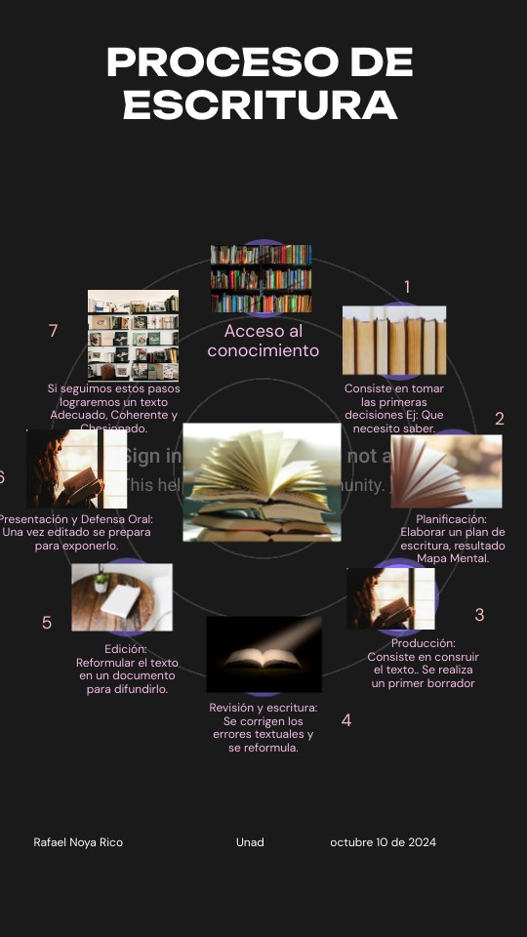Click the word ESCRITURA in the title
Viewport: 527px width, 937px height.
pos(260,104)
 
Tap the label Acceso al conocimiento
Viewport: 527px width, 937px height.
pos(263,342)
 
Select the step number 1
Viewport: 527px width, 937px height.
pos(407,287)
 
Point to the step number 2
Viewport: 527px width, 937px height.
pos(500,419)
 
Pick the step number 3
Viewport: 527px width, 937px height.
pos(479,615)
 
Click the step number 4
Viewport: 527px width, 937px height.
pos(346,720)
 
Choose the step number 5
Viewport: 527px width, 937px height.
pos(47,623)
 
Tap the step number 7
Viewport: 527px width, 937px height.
pos(54,331)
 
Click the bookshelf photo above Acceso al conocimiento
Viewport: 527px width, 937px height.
pos(262,278)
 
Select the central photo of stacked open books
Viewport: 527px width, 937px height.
pos(262,482)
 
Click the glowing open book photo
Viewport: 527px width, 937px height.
pos(263,654)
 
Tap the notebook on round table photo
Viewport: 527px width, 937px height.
pos(122,596)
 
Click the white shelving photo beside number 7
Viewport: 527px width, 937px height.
pos(133,335)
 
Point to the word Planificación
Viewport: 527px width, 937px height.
pos(451,519)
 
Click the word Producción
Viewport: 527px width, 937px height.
pos(424,643)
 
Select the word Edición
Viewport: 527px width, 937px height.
pos(126,648)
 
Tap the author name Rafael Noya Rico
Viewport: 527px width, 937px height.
pos(78,842)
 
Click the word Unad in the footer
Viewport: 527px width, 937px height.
pos(250,842)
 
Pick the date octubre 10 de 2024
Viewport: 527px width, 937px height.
pos(383,842)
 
